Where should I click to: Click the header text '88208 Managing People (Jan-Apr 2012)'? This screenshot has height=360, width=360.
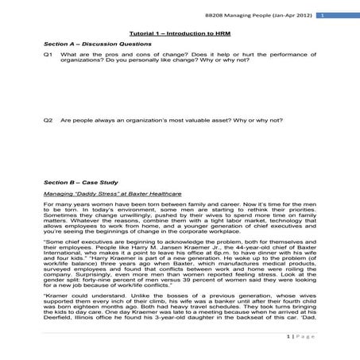[271, 15]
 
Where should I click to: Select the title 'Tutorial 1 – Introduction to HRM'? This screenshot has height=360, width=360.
[180, 33]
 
